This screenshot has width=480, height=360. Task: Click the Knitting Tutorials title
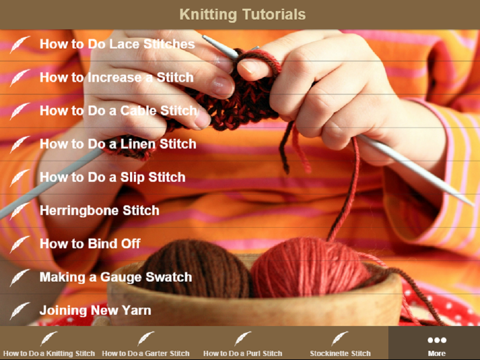pyautogui.click(x=242, y=15)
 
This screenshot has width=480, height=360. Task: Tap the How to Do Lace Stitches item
pyautogui.click(x=117, y=45)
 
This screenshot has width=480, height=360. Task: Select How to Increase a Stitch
pyautogui.click(x=116, y=77)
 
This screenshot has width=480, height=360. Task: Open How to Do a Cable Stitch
pyautogui.click(x=118, y=111)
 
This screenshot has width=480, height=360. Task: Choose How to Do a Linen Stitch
pyautogui.click(x=117, y=144)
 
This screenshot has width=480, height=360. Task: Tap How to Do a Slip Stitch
pyautogui.click(x=112, y=177)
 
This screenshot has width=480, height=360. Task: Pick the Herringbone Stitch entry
pyautogui.click(x=99, y=211)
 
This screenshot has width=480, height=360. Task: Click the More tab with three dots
pyautogui.click(x=436, y=343)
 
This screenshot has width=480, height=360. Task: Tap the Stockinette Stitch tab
pyautogui.click(x=340, y=343)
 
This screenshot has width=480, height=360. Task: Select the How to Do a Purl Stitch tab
pyautogui.click(x=243, y=343)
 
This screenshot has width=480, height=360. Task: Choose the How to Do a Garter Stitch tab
pyautogui.click(x=146, y=343)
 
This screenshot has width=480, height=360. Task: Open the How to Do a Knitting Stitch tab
pyautogui.click(x=49, y=343)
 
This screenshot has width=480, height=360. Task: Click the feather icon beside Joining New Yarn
pyautogui.click(x=19, y=311)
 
